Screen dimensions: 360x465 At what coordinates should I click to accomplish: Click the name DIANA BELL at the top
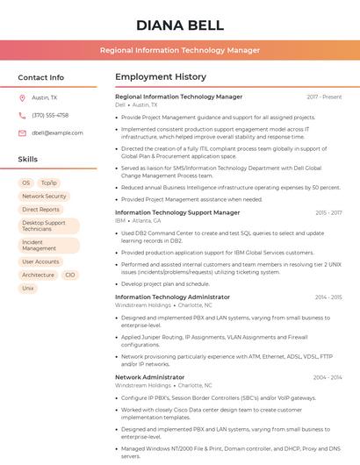click(x=179, y=25)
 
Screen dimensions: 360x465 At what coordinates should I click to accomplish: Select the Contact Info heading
click(x=41, y=77)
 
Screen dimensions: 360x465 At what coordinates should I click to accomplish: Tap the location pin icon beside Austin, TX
click(x=22, y=98)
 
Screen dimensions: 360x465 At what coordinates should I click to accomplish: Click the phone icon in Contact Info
click(x=22, y=115)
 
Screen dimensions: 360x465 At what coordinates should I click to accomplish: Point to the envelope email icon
click(x=22, y=132)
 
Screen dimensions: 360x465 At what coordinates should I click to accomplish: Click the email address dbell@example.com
click(x=57, y=132)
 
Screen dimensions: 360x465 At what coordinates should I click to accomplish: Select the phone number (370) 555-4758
click(x=50, y=115)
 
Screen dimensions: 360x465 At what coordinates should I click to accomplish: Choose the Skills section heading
click(x=28, y=159)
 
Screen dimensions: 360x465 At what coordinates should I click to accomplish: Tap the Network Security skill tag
click(x=44, y=197)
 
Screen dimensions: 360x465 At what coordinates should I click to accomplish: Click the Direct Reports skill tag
click(x=41, y=210)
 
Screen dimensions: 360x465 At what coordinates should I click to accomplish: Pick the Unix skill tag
click(x=28, y=288)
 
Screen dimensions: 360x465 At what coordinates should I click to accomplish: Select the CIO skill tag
click(x=70, y=275)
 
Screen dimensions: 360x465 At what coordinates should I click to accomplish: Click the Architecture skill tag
click(x=38, y=275)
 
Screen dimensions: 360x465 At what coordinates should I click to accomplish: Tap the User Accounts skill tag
click(x=41, y=261)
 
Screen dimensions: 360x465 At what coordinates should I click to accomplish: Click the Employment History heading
click(x=161, y=77)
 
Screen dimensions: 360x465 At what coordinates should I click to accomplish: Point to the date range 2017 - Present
click(x=324, y=97)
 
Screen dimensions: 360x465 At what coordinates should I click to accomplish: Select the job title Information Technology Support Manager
click(x=177, y=212)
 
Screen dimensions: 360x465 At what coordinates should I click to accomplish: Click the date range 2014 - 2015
click(x=328, y=297)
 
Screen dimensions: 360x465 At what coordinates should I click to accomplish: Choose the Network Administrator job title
click(x=149, y=377)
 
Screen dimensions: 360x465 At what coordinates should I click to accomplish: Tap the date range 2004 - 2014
click(x=328, y=377)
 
